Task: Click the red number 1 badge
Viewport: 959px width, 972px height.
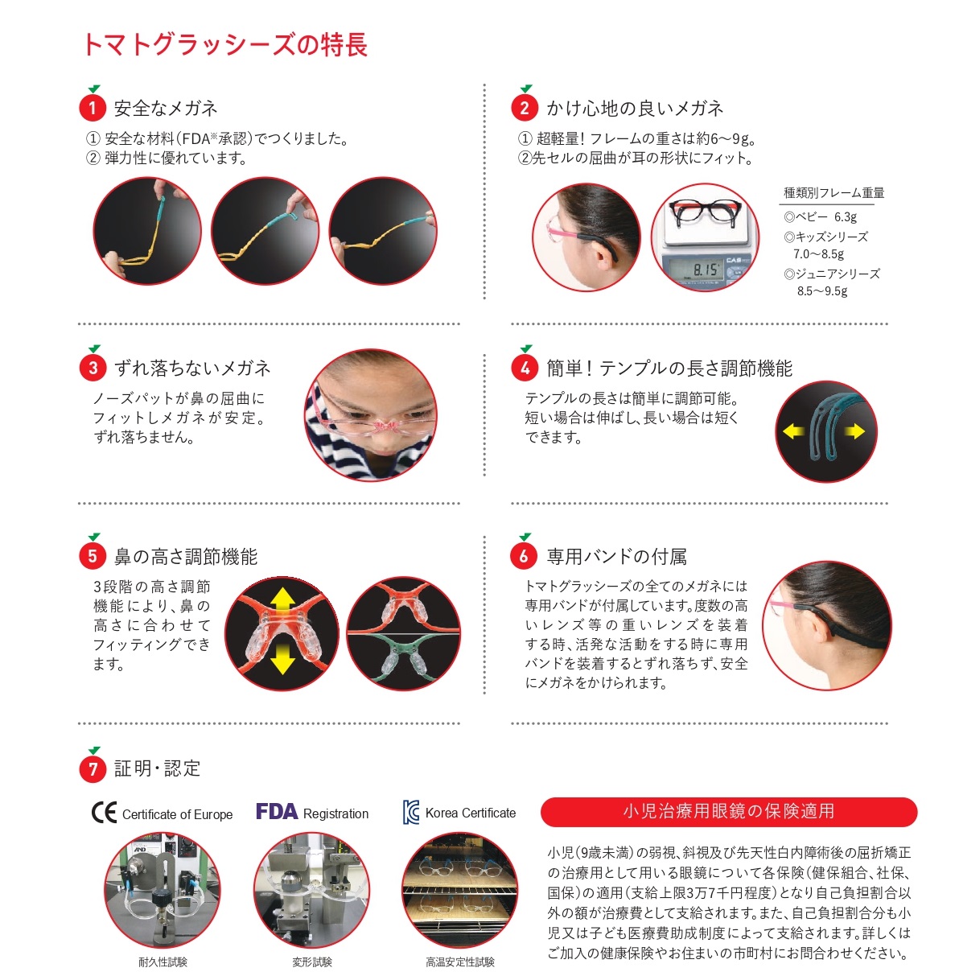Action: [93, 108]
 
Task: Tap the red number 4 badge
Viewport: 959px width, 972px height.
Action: [525, 368]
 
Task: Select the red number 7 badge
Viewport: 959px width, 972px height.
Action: [93, 769]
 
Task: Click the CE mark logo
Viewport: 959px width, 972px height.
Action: [104, 812]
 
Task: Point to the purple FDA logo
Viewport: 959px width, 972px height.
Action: [277, 811]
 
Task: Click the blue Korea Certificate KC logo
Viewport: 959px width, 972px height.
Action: [411, 812]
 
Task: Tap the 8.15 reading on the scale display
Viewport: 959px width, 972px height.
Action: [705, 270]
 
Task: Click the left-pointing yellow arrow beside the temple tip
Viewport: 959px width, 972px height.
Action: [793, 431]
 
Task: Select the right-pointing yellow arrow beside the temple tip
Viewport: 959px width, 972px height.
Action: [854, 431]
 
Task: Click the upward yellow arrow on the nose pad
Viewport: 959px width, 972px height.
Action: [282, 599]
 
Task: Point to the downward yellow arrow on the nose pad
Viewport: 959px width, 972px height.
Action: [282, 661]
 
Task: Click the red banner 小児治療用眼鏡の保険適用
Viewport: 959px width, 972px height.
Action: [728, 811]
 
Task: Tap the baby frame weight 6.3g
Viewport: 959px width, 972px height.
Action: [845, 217]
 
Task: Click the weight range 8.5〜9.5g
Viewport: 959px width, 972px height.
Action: [821, 291]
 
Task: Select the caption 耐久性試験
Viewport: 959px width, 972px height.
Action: [163, 962]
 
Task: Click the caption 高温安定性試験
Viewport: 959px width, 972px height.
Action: [459, 962]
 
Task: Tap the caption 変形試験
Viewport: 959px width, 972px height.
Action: [312, 962]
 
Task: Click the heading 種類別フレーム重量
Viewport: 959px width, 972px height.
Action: [833, 192]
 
